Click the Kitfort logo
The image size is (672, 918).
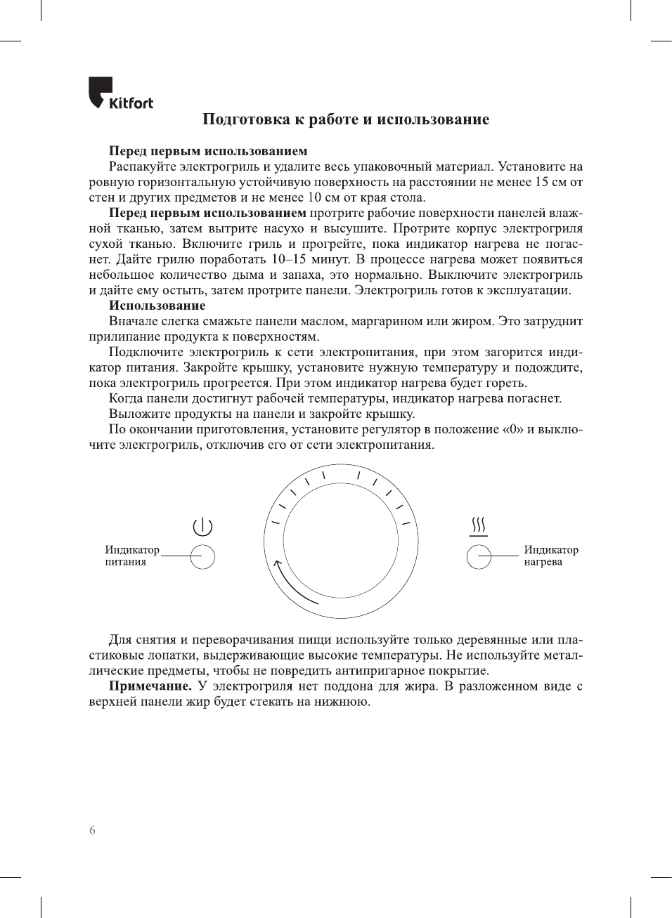[120, 93]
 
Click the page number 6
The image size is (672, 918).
[92, 830]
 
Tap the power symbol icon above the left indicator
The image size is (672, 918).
[202, 527]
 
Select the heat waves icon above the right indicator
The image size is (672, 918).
[479, 525]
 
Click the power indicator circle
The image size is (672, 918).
[202, 556]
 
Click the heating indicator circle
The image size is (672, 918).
[479, 556]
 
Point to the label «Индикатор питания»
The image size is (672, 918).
[131, 556]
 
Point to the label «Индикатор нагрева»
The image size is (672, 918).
[550, 556]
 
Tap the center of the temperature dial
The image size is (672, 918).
[342, 542]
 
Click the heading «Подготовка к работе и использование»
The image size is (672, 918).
[345, 119]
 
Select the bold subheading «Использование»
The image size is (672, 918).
[157, 306]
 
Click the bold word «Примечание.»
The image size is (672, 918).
[150, 686]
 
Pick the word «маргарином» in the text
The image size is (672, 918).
[383, 321]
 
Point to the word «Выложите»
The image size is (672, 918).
[139, 414]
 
